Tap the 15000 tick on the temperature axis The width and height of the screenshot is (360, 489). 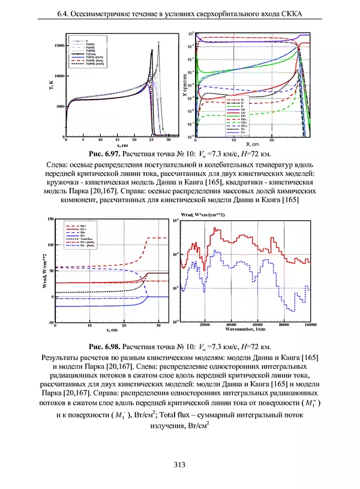[x=59, y=45]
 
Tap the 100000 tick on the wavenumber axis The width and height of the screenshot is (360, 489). [x=310, y=325]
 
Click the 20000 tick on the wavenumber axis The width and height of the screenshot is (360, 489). [x=205, y=325]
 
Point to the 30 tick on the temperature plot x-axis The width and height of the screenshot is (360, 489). [x=168, y=139]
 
